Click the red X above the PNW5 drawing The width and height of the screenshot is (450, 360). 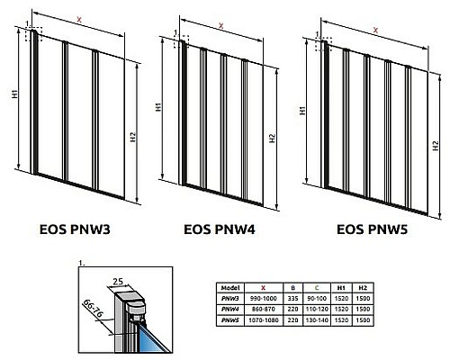(375, 30)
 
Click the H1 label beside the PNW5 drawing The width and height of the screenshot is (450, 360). (299, 108)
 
